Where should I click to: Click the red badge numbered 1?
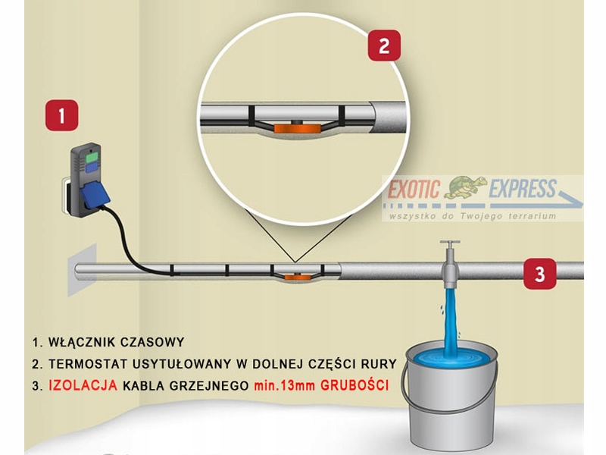(x=61, y=117)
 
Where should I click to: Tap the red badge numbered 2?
(x=384, y=45)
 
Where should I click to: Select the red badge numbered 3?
(x=539, y=273)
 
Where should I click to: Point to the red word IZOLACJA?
(x=83, y=385)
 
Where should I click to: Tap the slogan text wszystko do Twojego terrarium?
(x=472, y=216)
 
